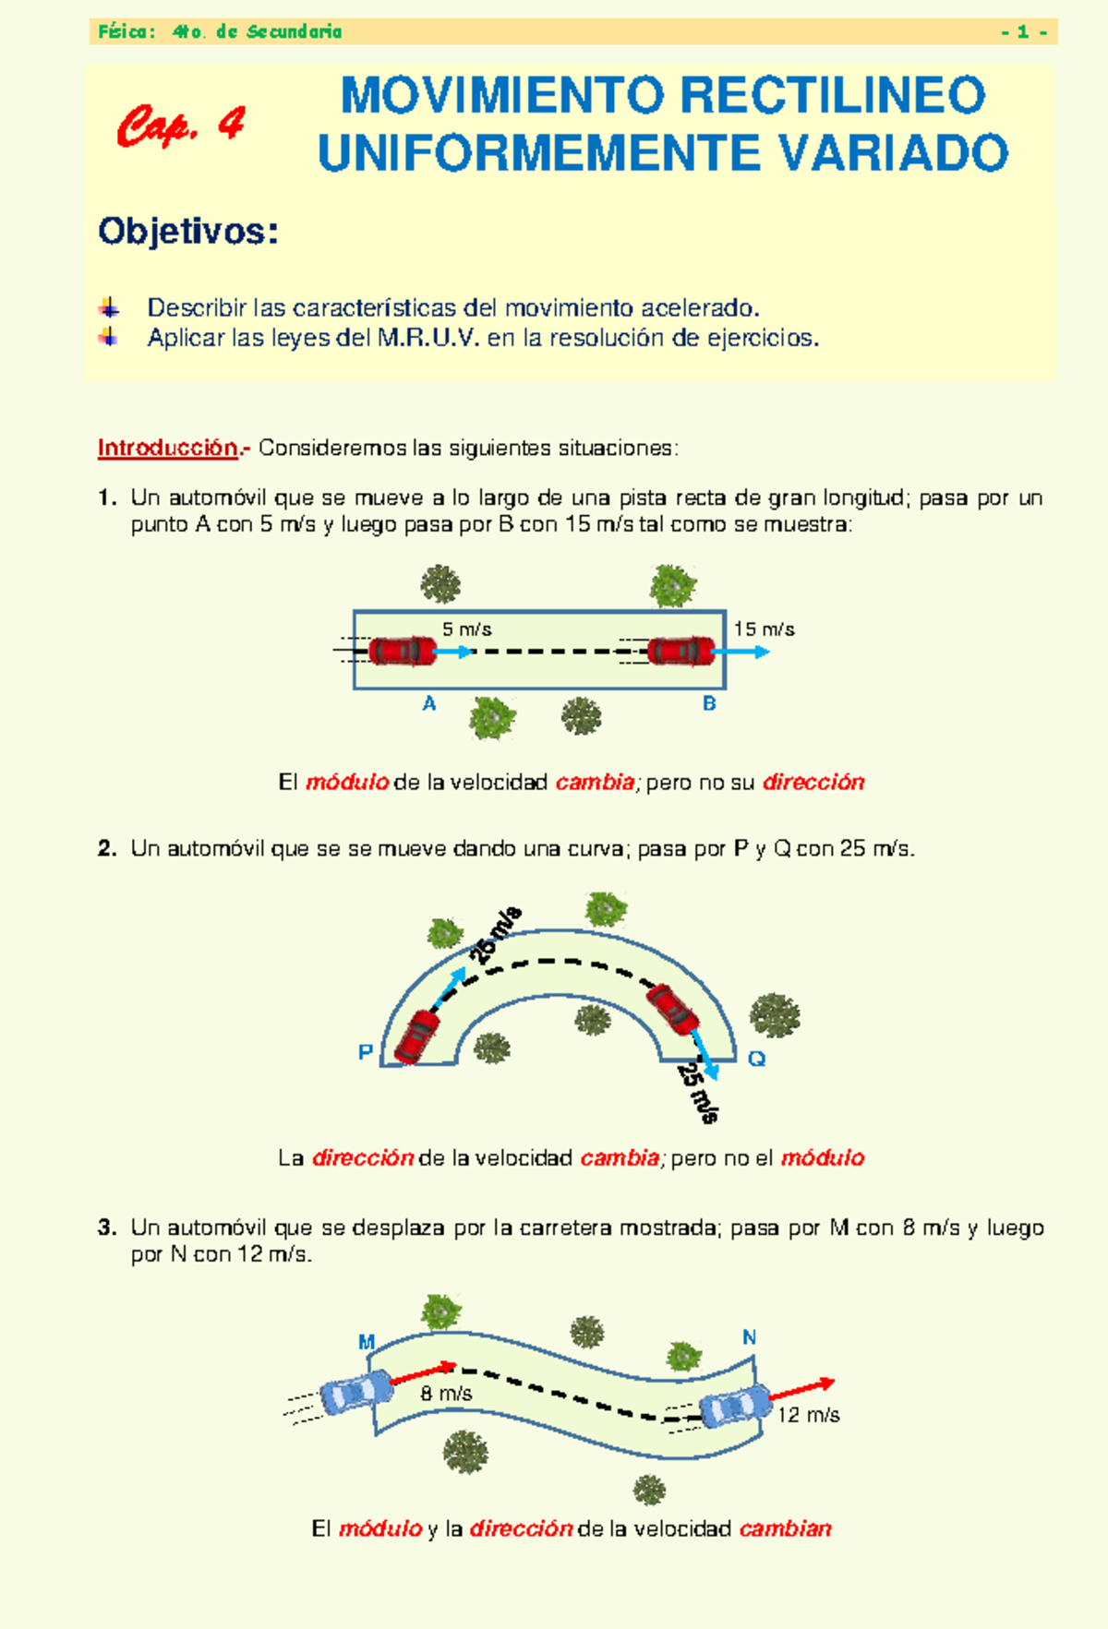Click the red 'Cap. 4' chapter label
(181, 126)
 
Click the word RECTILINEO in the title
(832, 96)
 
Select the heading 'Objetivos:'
(188, 232)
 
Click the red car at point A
(402, 651)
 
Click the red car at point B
(680, 651)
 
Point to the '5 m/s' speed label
(466, 629)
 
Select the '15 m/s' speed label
(764, 629)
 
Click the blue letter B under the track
(709, 704)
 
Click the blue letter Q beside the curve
(756, 1059)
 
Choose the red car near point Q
(673, 1010)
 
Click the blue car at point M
(356, 1391)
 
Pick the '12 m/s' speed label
(808, 1416)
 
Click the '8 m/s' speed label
(446, 1394)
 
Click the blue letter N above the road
(750, 1337)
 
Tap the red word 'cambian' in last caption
(785, 1529)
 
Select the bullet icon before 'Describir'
(109, 307)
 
